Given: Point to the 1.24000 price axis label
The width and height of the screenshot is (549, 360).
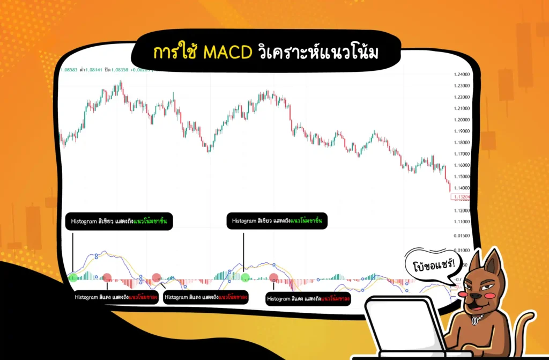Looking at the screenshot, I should (461, 75).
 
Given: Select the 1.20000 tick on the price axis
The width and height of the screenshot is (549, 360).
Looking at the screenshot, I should (461, 120).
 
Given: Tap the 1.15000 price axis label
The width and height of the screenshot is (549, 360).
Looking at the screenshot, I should (461, 177).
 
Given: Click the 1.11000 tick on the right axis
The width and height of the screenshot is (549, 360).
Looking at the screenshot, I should (461, 221).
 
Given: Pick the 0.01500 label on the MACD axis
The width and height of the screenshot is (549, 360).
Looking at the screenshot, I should (461, 236).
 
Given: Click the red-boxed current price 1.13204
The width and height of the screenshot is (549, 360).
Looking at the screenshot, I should (461, 197).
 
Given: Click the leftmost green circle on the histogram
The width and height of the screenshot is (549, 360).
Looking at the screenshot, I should (73, 277).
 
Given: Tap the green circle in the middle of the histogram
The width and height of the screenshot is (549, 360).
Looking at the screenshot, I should (245, 277).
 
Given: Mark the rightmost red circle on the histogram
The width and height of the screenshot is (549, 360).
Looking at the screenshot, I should (274, 277).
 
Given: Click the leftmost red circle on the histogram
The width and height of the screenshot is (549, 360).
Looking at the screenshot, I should (107, 277).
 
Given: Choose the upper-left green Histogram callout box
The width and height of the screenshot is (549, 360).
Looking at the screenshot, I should (119, 221).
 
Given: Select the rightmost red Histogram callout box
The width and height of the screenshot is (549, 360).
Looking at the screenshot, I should (308, 299).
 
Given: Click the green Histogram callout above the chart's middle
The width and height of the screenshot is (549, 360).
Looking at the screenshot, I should (277, 221).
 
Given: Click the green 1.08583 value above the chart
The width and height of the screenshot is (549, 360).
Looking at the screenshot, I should (69, 70).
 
